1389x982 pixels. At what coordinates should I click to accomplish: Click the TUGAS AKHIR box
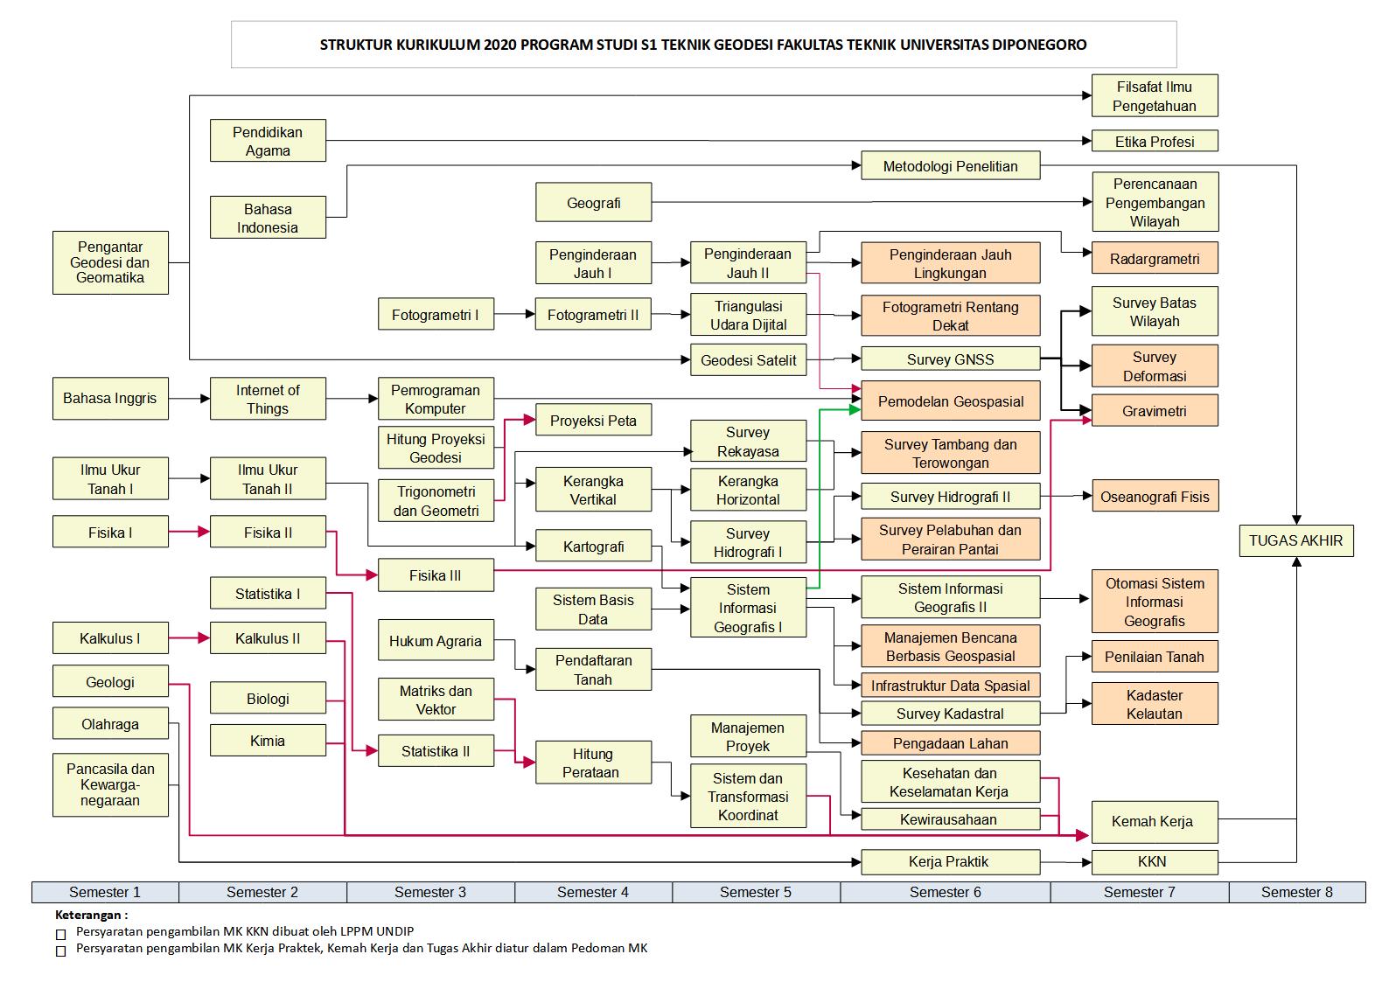[x=1295, y=540]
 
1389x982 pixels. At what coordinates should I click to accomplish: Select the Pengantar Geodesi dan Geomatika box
[x=110, y=262]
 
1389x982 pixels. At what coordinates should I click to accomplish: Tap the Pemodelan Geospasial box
[x=951, y=401]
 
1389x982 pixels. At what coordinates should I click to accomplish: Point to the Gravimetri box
[x=1155, y=410]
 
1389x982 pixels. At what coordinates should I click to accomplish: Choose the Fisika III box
[x=436, y=575]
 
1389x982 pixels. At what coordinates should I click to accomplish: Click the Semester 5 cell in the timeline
[x=756, y=892]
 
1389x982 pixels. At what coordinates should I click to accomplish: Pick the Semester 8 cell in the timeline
[x=1296, y=892]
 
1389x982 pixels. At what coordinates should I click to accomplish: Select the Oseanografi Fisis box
[x=1155, y=497]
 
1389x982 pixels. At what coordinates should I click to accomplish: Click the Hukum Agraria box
[x=436, y=641]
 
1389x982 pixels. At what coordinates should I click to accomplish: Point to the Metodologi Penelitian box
[x=951, y=166]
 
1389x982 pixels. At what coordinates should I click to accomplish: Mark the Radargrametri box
[x=1155, y=259]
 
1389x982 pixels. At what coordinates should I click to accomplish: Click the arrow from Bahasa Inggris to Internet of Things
[x=189, y=399]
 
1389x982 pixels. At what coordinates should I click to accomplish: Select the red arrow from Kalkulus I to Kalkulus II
[x=189, y=638]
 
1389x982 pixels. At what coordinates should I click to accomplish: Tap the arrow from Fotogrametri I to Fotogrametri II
[x=514, y=314]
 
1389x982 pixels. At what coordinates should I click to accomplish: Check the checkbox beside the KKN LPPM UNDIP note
[x=60, y=934]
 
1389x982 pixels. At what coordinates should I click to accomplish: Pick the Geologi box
[x=110, y=682]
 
